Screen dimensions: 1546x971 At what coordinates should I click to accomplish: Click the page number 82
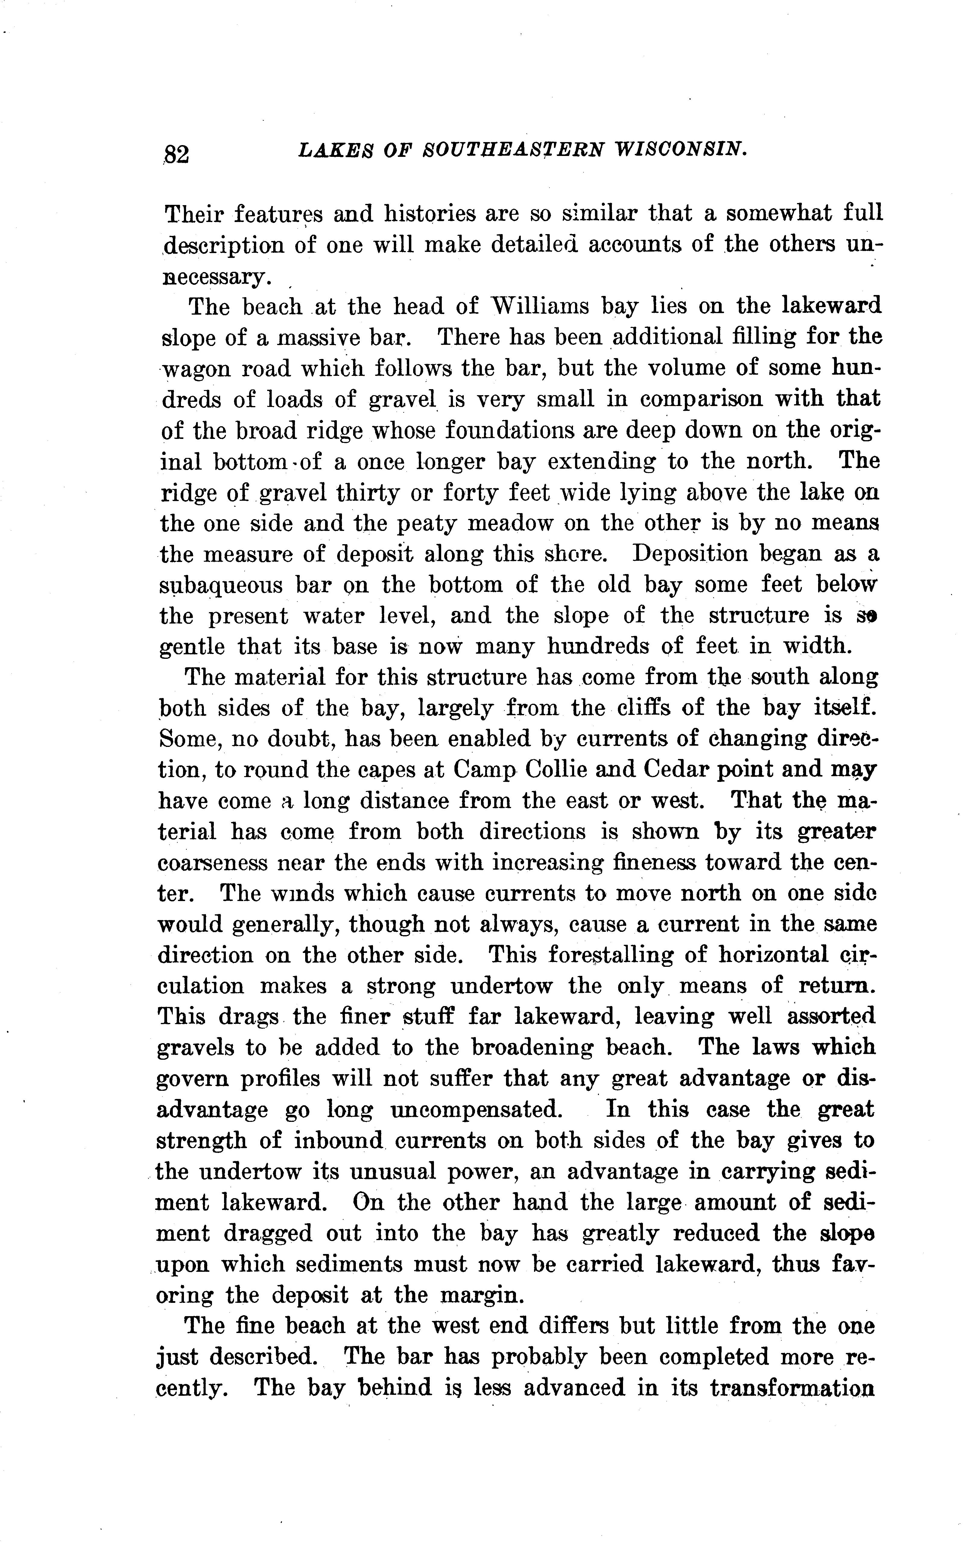(x=176, y=154)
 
